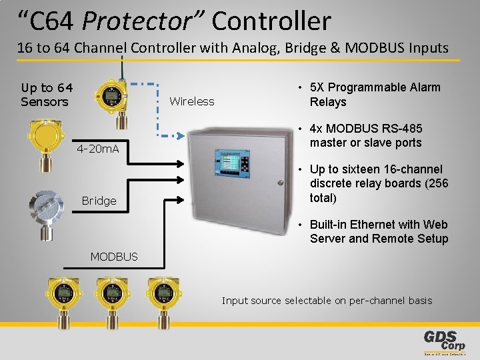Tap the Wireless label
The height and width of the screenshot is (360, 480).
click(192, 101)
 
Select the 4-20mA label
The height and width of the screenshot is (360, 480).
click(98, 148)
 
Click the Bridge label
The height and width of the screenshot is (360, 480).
click(99, 200)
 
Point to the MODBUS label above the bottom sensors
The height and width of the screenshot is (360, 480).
click(114, 256)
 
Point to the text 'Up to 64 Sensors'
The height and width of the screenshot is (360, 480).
click(47, 95)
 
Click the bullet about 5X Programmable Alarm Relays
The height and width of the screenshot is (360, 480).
click(375, 95)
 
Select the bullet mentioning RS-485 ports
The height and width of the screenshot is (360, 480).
click(365, 135)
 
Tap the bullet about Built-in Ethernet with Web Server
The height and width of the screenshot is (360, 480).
click(378, 231)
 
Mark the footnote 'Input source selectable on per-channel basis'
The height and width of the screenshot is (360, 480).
click(327, 301)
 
